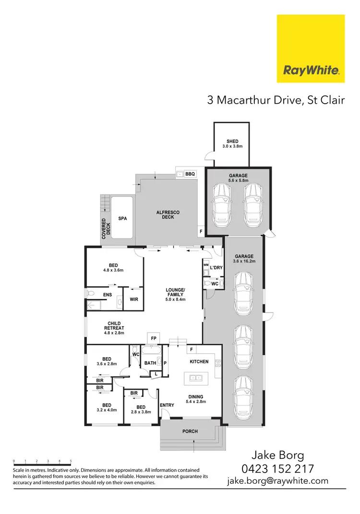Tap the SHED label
[x=232, y=142]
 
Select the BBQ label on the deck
[x=190, y=174]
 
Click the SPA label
[x=122, y=218]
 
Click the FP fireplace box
[x=154, y=338]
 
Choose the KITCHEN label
[x=199, y=361]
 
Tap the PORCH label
[x=190, y=431]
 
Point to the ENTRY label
[x=167, y=406]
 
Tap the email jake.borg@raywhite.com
[x=278, y=480]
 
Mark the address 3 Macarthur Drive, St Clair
[x=276, y=100]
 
